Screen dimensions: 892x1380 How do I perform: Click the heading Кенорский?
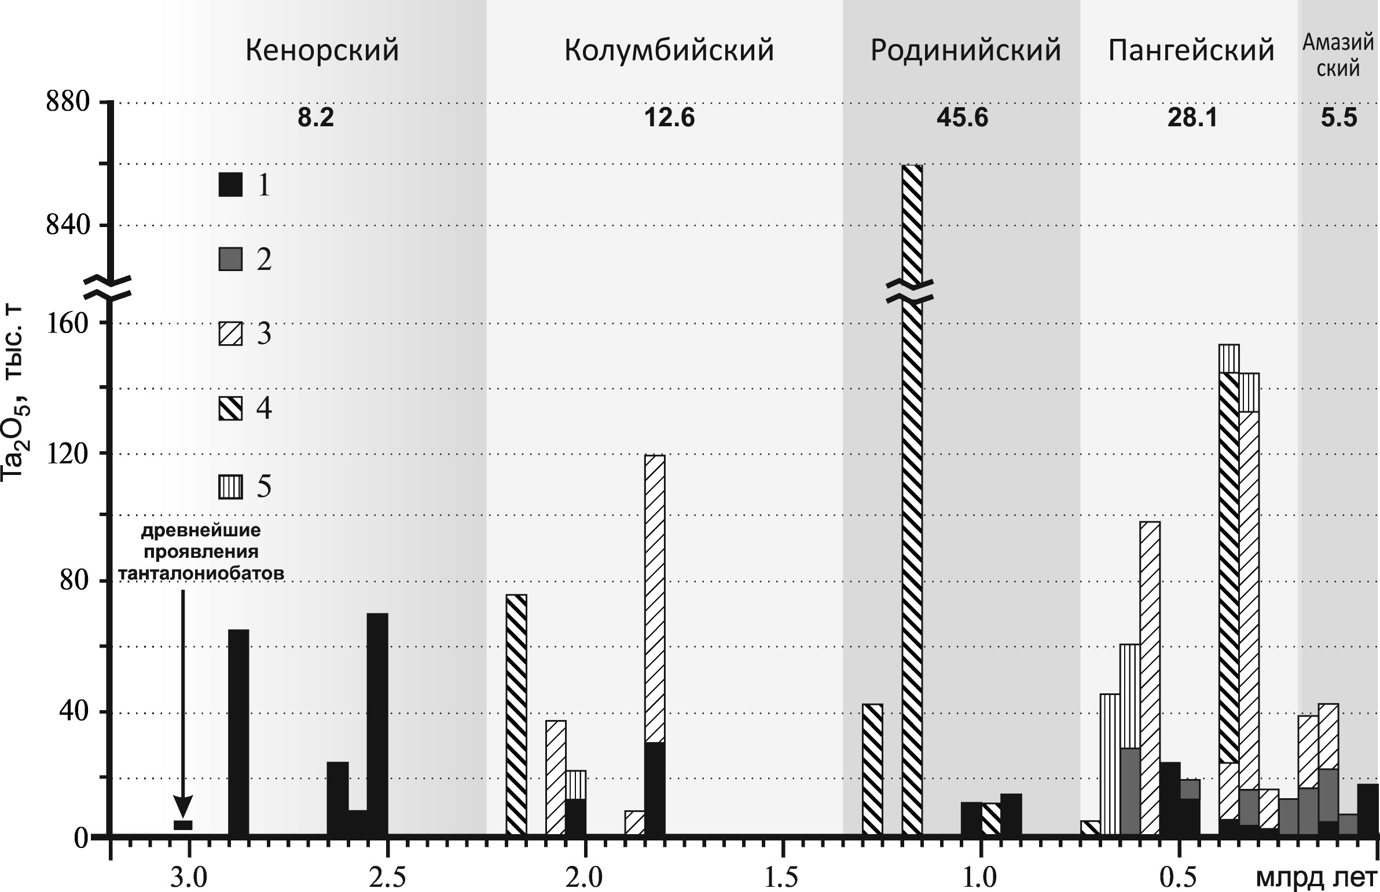click(322, 51)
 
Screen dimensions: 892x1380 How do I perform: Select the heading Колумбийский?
click(669, 51)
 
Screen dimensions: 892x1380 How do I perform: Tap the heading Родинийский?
click(966, 51)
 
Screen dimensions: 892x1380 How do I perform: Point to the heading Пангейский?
click(1191, 51)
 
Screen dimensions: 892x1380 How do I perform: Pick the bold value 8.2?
click(316, 118)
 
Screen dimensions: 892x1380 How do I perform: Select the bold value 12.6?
click(669, 118)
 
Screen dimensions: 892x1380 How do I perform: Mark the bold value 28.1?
click(1191, 118)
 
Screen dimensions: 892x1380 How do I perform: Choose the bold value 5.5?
click(1338, 118)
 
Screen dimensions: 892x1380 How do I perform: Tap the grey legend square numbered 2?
click(230, 259)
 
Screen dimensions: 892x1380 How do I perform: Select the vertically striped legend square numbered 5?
click(230, 487)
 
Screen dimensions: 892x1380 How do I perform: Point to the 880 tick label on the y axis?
click(68, 103)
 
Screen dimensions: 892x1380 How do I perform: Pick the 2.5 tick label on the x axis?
click(387, 878)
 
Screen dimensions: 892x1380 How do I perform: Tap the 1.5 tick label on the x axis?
click(783, 878)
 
